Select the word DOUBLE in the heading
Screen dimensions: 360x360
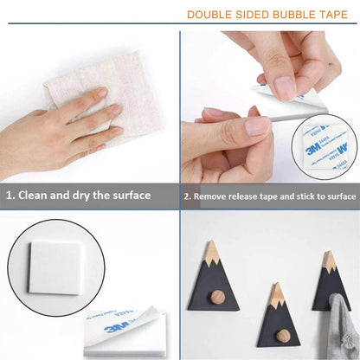pyautogui.click(x=211, y=15)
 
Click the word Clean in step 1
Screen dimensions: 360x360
pyautogui.click(x=41, y=195)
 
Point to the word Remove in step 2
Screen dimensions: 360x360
pyautogui.click(x=213, y=196)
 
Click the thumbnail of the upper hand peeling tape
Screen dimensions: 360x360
pyautogui.click(x=285, y=87)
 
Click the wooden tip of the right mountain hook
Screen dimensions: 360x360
pyautogui.click(x=329, y=260)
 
